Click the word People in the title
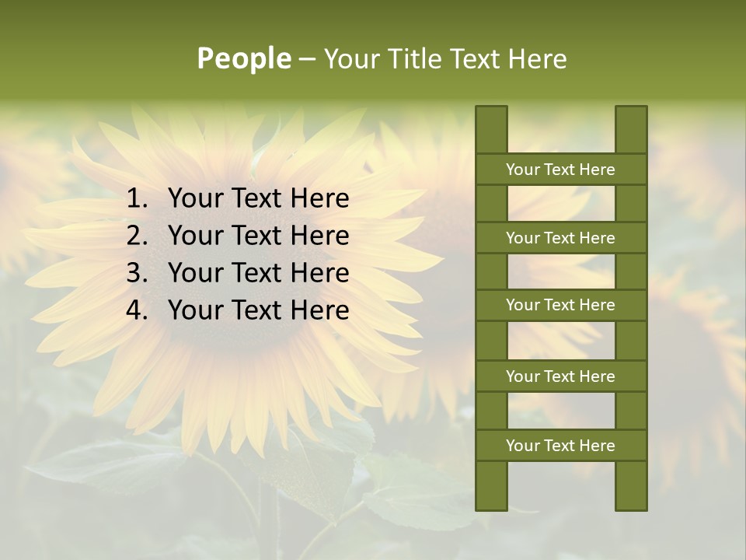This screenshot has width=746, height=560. point(243,58)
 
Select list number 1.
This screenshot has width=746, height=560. point(137,199)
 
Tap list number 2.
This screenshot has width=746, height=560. point(137,236)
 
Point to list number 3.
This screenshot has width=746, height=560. point(137,273)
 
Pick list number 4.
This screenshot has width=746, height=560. point(137,310)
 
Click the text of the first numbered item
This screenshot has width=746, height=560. point(258,199)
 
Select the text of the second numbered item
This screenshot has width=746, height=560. point(258,236)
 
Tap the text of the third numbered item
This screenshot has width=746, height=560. point(258,273)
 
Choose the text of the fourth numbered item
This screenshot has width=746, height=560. point(258,310)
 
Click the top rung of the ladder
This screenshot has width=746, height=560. point(560,170)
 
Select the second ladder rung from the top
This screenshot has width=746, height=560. point(560,238)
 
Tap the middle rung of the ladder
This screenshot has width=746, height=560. point(560,305)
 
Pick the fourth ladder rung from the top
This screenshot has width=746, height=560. point(560,376)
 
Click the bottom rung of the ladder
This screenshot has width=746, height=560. point(560,446)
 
